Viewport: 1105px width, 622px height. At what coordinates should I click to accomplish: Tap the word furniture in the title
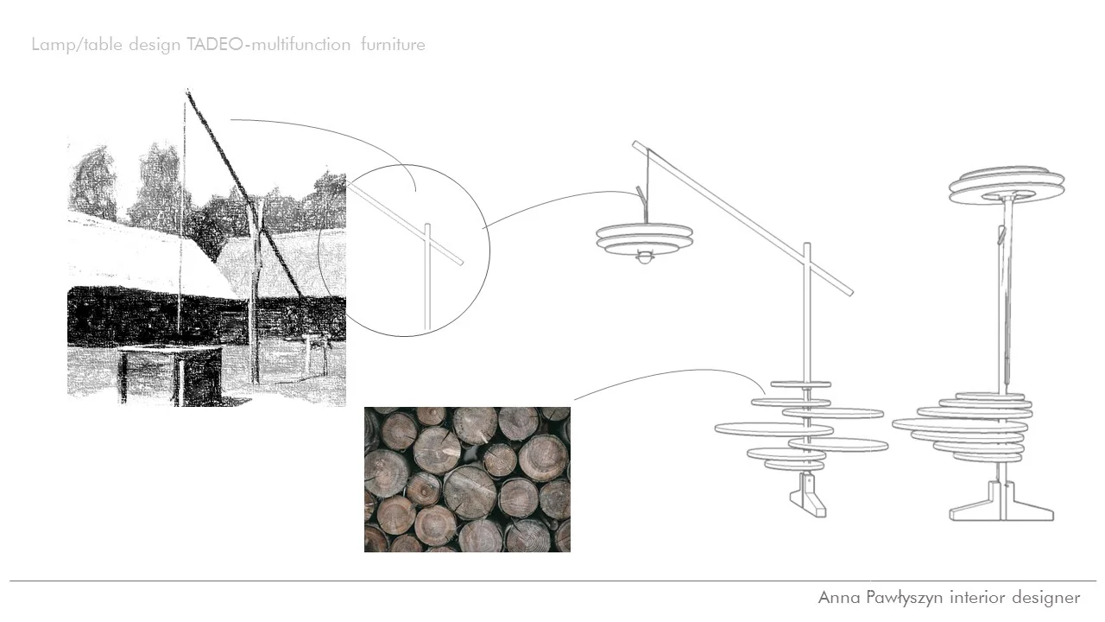pyautogui.click(x=393, y=45)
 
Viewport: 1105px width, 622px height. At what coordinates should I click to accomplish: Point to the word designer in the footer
pyautogui.click(x=1039, y=598)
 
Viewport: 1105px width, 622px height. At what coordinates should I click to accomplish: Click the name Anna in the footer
pyautogui.click(x=837, y=598)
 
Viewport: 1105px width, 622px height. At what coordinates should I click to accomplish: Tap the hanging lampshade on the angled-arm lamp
pyautogui.click(x=645, y=238)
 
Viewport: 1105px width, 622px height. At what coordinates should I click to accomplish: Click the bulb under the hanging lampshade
pyautogui.click(x=645, y=258)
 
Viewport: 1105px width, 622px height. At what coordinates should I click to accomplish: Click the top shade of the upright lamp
pyautogui.click(x=1007, y=187)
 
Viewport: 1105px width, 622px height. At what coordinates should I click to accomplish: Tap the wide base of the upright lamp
pyautogui.click(x=1001, y=510)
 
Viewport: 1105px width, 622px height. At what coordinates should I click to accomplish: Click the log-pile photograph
pyautogui.click(x=467, y=479)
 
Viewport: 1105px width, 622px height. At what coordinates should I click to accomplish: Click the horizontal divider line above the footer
pyautogui.click(x=552, y=581)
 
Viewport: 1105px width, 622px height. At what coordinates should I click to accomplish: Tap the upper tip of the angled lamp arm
pyautogui.click(x=637, y=144)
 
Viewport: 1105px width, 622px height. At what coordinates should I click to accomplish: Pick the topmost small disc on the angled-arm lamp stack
pyautogui.click(x=801, y=384)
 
